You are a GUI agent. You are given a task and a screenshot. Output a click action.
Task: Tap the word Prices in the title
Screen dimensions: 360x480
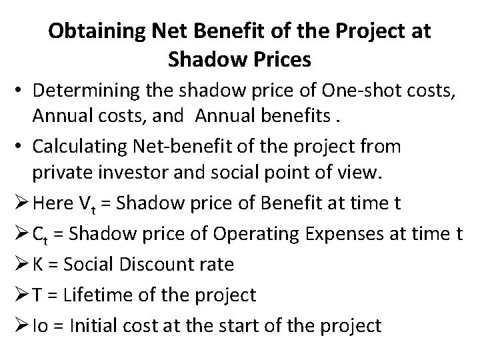click(x=276, y=61)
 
